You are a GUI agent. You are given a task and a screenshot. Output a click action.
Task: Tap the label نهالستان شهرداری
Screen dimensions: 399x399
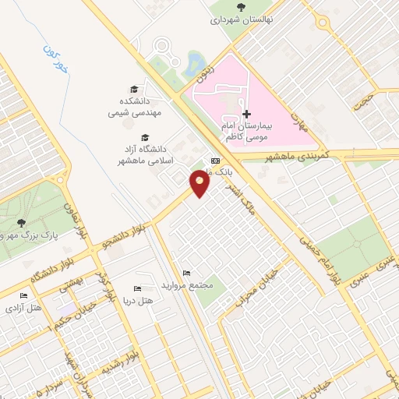coord(238,21)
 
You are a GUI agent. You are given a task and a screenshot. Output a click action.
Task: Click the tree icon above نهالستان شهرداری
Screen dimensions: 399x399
coord(238,7)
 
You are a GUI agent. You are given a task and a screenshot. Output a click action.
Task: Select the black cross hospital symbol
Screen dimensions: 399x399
coord(247,114)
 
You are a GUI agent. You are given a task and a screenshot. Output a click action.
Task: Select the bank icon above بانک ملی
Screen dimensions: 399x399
coord(216,161)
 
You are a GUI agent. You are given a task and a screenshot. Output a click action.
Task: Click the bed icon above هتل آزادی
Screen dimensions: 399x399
coord(23,296)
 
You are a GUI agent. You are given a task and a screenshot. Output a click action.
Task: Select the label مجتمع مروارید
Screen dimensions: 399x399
coord(185,284)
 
